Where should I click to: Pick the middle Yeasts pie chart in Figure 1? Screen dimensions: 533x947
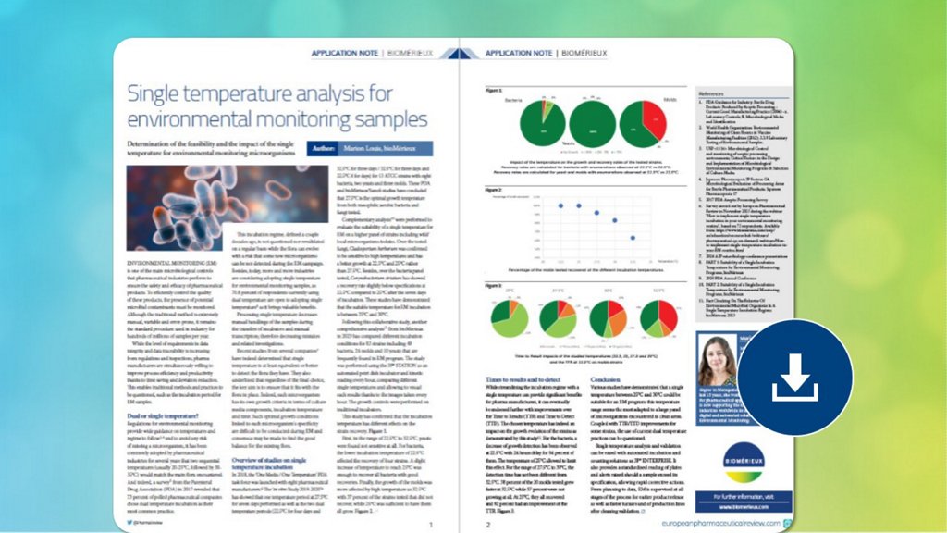pos(594,123)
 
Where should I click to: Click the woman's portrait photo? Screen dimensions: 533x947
pos(723,363)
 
